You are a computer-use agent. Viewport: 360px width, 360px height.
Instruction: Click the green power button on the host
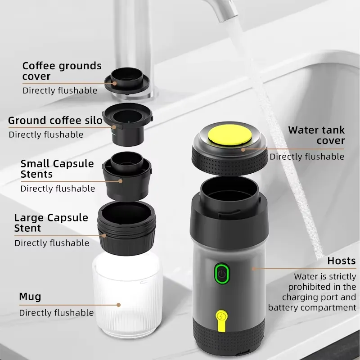coord(221,273)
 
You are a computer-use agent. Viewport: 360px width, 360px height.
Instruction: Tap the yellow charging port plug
coord(221,318)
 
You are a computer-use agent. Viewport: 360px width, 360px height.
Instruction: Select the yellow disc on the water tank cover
coord(229,137)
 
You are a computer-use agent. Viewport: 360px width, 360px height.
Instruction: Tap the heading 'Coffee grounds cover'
coord(62,71)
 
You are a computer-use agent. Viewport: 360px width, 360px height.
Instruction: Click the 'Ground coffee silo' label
coord(55,120)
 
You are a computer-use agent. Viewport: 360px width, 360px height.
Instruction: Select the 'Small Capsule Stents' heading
coord(57,169)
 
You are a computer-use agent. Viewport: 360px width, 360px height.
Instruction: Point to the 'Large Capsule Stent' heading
coord(51,223)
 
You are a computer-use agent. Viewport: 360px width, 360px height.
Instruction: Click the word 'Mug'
coord(30,297)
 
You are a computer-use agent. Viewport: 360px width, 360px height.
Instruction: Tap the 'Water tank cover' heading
coord(316,135)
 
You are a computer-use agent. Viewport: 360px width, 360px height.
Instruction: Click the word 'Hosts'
coord(341,261)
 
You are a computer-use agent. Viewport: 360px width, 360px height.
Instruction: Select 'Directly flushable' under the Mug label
coord(56,313)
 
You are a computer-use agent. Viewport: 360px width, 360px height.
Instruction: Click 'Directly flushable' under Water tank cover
coord(307,157)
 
